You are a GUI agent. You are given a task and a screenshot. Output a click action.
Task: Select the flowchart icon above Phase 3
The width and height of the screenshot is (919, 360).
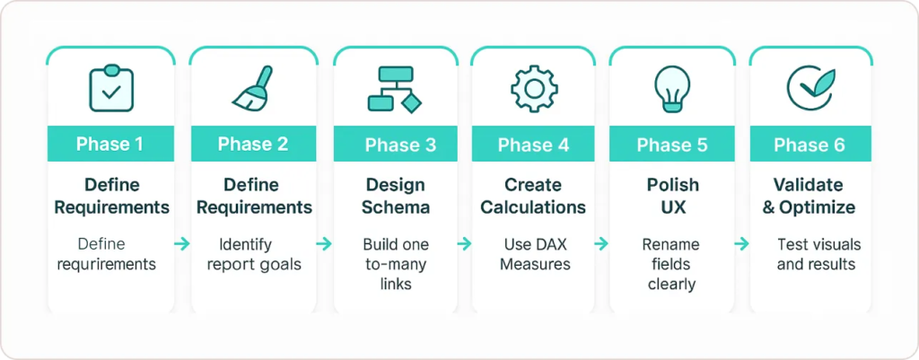tap(394, 89)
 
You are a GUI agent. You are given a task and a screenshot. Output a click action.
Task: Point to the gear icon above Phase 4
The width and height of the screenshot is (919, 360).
tap(533, 88)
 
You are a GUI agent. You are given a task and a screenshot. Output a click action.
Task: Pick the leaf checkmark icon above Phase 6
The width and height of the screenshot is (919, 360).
tap(810, 86)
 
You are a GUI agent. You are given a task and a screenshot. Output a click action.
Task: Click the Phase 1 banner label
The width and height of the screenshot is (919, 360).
tap(111, 145)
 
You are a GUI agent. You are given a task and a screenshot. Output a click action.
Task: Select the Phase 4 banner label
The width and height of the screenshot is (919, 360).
tap(533, 145)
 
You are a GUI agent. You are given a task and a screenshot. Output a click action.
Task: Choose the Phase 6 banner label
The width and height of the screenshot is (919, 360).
tap(810, 145)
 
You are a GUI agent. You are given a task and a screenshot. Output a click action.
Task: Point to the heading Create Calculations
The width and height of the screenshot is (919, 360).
tap(533, 196)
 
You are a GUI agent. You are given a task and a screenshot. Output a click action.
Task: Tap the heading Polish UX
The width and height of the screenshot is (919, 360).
tap(671, 196)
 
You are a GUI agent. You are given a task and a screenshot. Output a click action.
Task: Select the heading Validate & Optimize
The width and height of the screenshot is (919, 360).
tap(810, 196)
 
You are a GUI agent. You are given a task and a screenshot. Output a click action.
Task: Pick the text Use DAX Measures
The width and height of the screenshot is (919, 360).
tap(533, 254)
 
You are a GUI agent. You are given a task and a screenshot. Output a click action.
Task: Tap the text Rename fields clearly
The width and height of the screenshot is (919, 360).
tap(671, 264)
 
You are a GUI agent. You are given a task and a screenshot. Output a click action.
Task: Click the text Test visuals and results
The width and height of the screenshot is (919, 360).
tap(817, 254)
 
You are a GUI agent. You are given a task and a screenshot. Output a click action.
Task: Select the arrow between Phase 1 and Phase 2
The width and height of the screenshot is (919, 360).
tap(182, 243)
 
